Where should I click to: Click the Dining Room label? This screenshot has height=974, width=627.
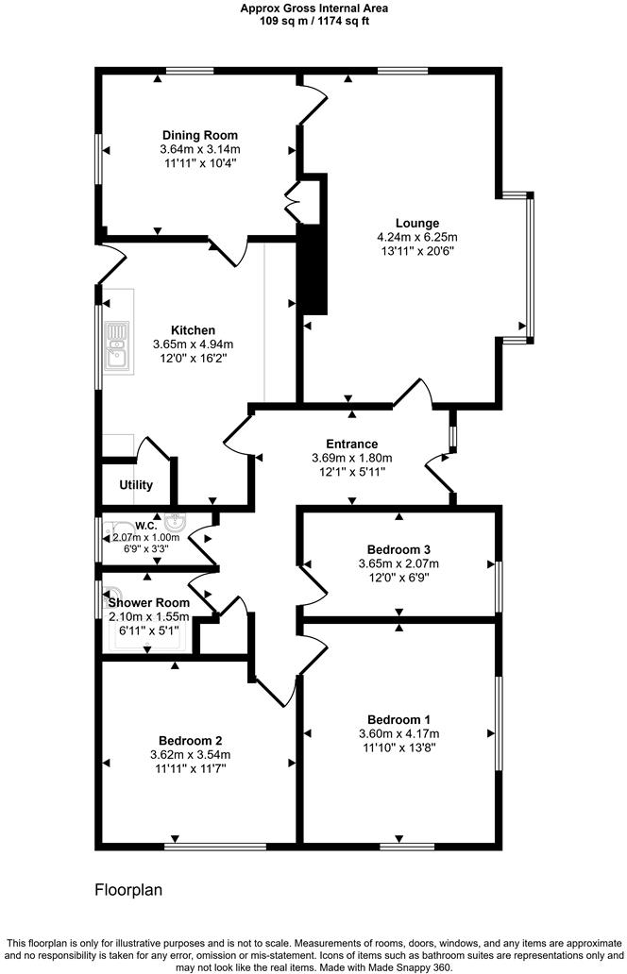pyautogui.click(x=199, y=135)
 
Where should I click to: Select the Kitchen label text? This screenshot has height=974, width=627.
pyautogui.click(x=193, y=330)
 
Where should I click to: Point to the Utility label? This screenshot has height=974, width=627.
pyautogui.click(x=136, y=485)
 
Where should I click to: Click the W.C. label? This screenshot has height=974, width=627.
pyautogui.click(x=144, y=526)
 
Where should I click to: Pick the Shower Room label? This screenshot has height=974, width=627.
pyautogui.click(x=148, y=602)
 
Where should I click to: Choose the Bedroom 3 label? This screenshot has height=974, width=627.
pyautogui.click(x=399, y=549)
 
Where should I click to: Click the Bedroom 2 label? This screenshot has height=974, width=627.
pyautogui.click(x=190, y=740)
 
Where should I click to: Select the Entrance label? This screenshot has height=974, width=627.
pyautogui.click(x=351, y=444)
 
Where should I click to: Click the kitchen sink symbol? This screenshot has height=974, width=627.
pyautogui.click(x=118, y=345)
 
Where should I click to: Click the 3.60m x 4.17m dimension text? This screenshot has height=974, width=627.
pyautogui.click(x=398, y=733)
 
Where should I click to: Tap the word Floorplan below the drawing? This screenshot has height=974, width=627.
pyautogui.click(x=129, y=889)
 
